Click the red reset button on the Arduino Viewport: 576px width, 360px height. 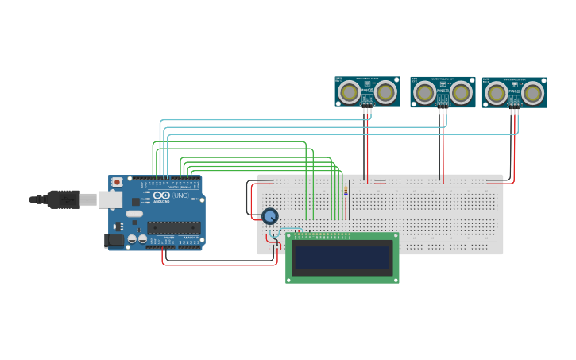(117, 182)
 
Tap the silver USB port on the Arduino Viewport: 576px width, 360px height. (110, 199)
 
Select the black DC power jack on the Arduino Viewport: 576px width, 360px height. (114, 239)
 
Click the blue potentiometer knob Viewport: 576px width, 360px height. (270, 216)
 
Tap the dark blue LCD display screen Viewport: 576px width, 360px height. (342, 257)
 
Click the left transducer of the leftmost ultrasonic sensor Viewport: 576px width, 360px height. (349, 92)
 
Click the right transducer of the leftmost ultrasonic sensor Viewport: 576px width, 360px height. (385, 92)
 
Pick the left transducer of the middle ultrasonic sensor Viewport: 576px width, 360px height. (424, 93)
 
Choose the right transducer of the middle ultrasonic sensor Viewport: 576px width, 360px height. (461, 93)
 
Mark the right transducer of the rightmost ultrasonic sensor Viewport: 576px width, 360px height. (532, 93)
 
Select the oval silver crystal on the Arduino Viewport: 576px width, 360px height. (134, 214)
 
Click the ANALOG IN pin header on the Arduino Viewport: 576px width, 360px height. (191, 246)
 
